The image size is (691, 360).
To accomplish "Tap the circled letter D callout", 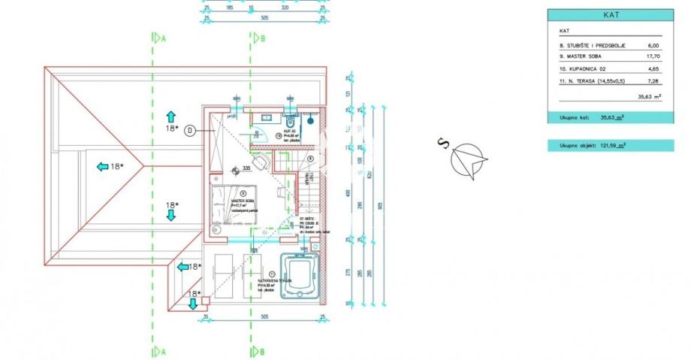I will click(191, 130).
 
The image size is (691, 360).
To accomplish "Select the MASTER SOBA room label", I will click(242, 201).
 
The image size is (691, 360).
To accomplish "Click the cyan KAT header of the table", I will click(610, 14).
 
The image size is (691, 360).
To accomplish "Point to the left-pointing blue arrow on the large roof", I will click(103, 167).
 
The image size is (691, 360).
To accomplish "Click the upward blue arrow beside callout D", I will click(170, 116).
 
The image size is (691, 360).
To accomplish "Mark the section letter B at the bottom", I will click(261, 351).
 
